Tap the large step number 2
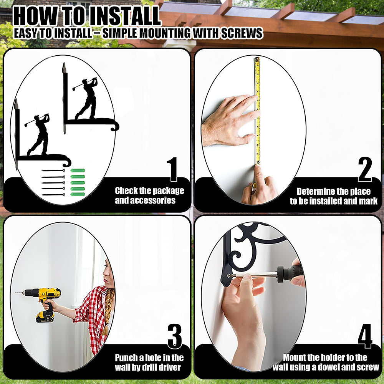point(365,169)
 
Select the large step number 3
point(175,336)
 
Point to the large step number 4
point(365,336)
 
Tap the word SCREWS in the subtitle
point(242,33)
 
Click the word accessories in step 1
point(145,200)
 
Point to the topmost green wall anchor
point(78,170)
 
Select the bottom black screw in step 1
point(53,195)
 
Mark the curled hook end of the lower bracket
point(66,162)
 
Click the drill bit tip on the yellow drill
point(16,293)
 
